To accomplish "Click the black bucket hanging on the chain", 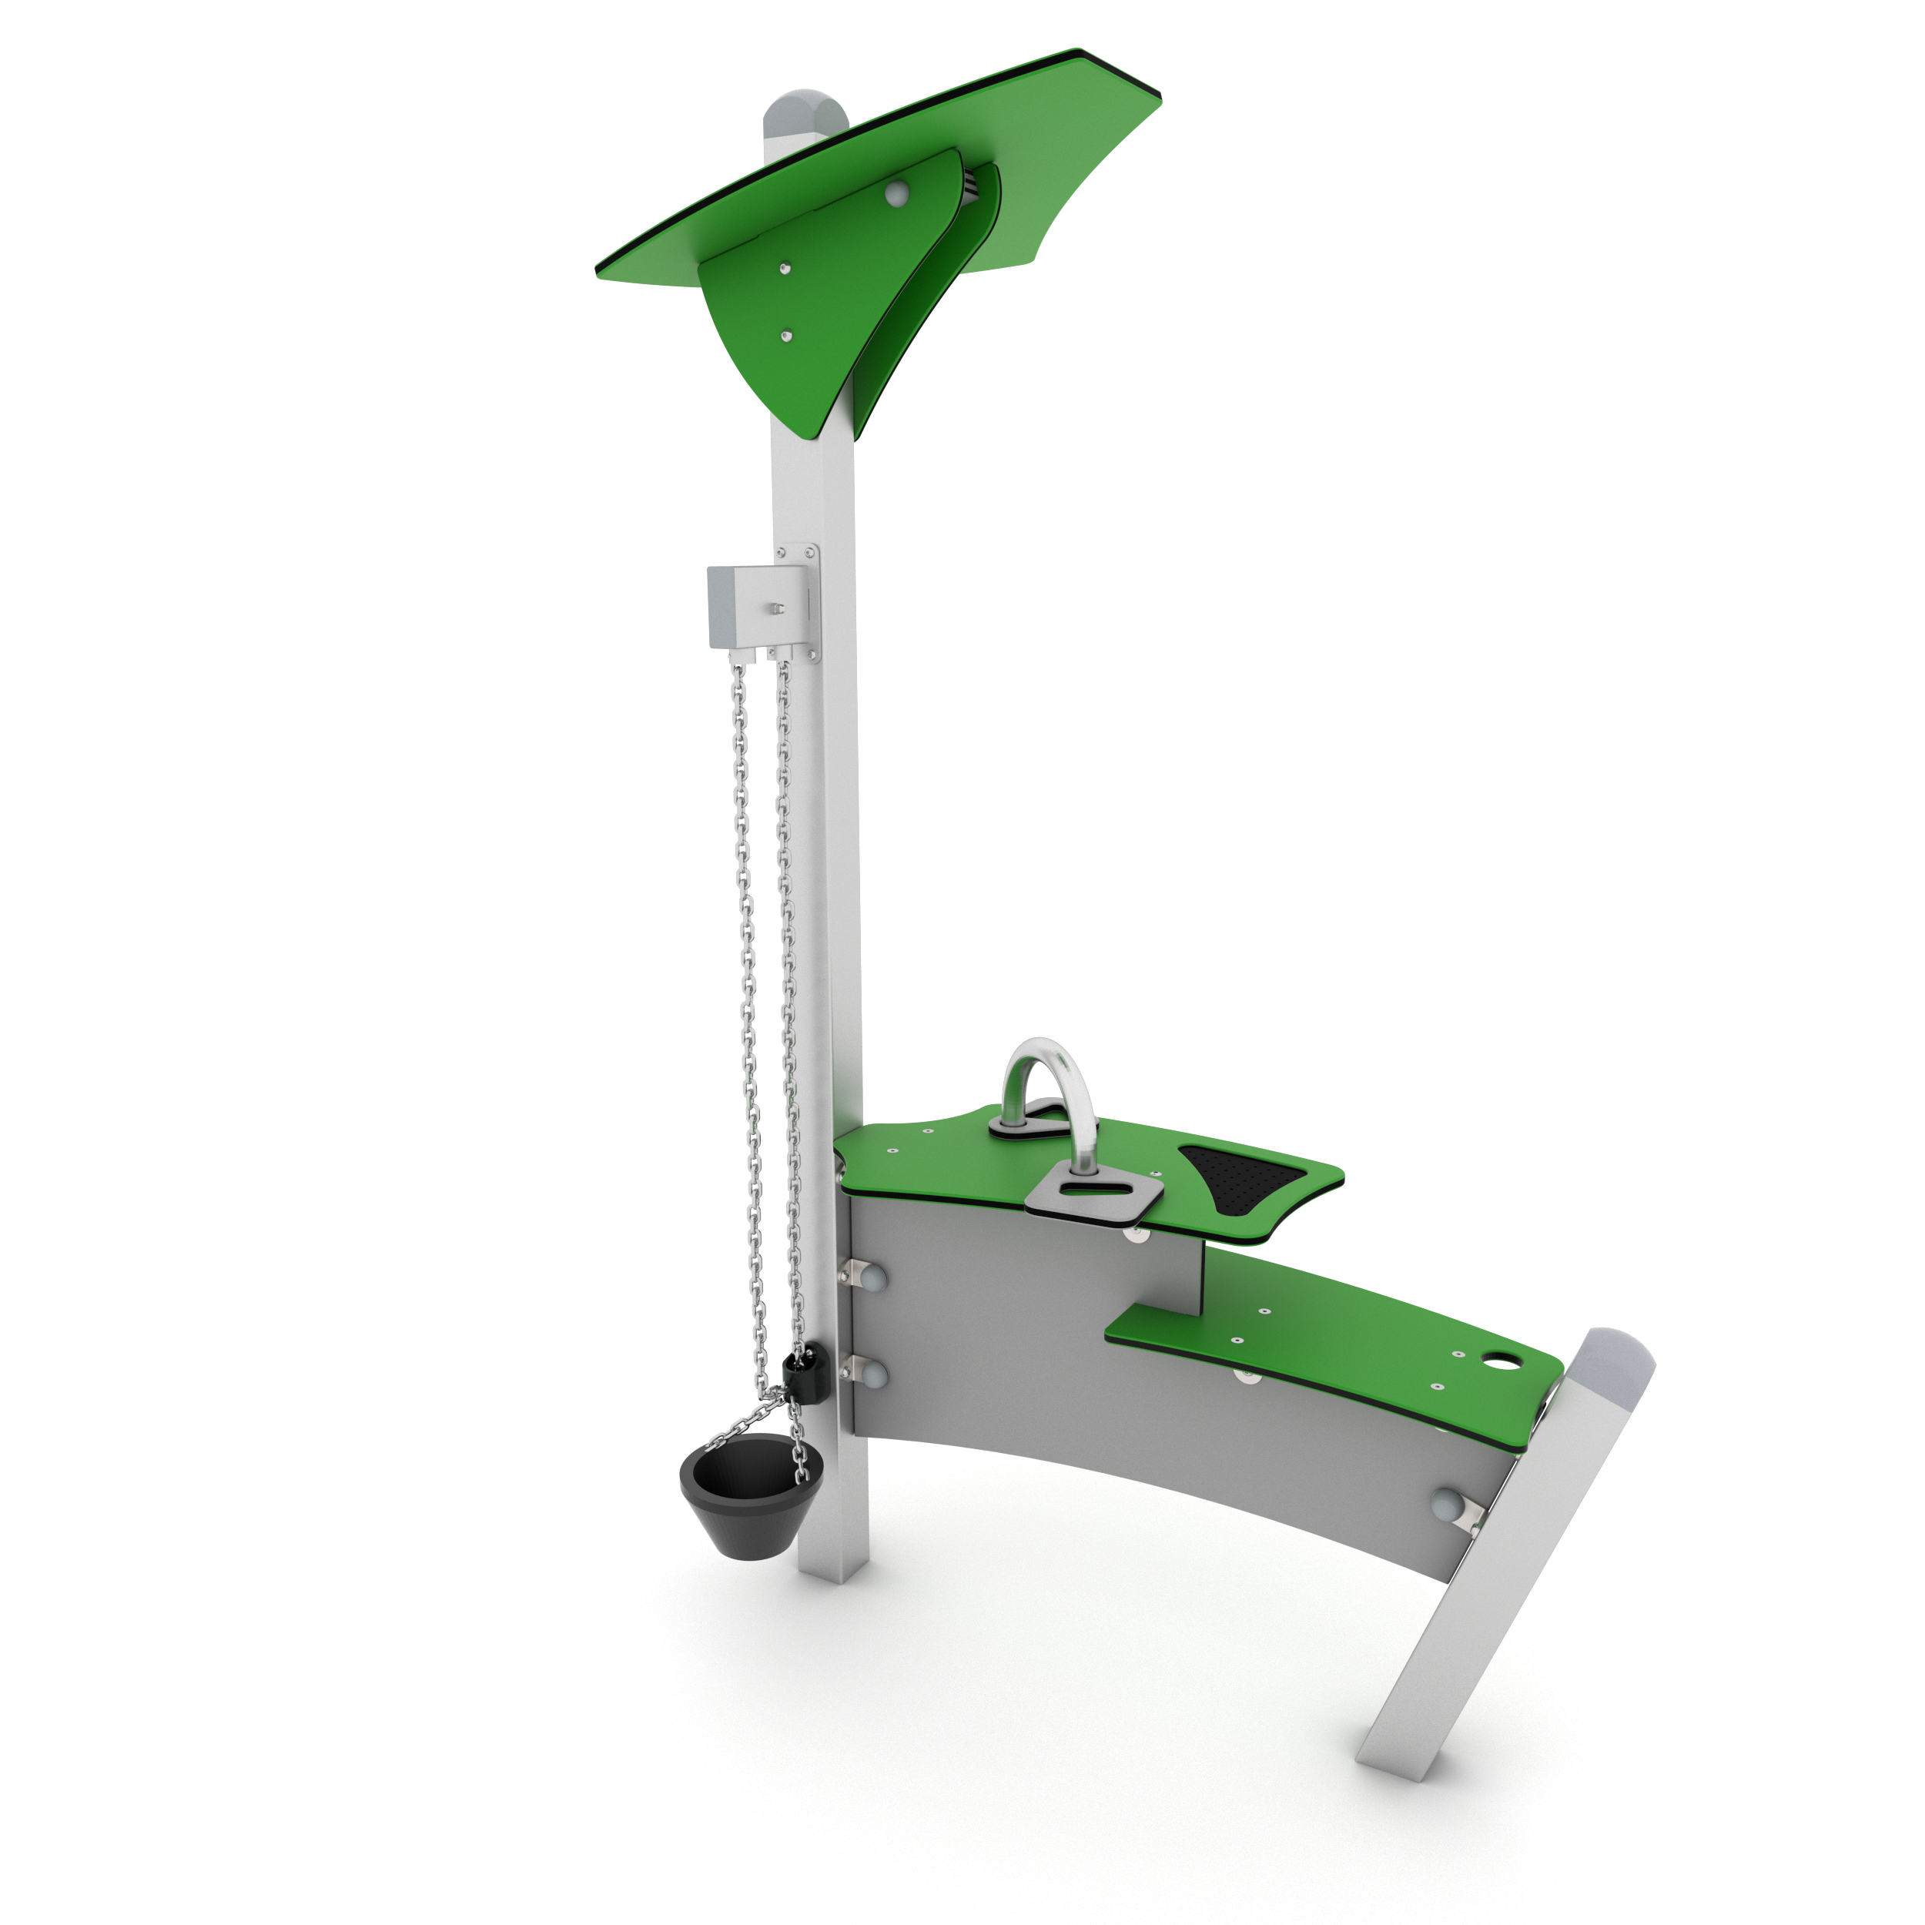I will (738, 1495).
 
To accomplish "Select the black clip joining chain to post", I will (800, 1377).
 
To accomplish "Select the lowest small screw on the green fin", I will (787, 336).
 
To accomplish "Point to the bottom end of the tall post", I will (833, 1575).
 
